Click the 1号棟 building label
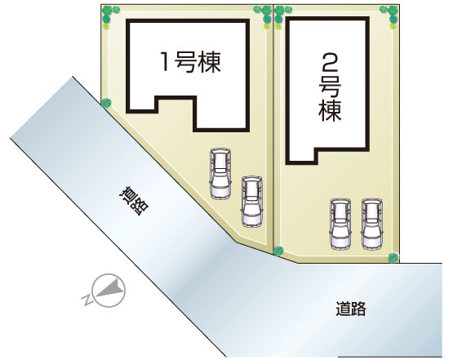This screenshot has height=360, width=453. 191,62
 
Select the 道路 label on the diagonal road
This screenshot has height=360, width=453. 134,201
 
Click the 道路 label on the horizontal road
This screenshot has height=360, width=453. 351,309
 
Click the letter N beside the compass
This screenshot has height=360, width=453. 86,300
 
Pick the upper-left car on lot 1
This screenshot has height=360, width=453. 220,174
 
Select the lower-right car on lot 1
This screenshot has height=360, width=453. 252,202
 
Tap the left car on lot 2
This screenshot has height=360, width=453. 340,224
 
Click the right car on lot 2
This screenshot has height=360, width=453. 372,224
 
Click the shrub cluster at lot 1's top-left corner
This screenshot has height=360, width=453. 109,16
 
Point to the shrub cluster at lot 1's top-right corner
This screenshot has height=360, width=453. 264,16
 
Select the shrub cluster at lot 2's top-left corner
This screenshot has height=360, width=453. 279,16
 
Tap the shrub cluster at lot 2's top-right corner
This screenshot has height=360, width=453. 391,16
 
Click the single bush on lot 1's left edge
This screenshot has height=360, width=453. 106,103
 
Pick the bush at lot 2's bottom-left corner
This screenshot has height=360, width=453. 278,251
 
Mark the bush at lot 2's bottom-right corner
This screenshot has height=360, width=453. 393,257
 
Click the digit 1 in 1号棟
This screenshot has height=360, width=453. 165,62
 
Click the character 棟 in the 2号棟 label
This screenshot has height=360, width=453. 330,111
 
